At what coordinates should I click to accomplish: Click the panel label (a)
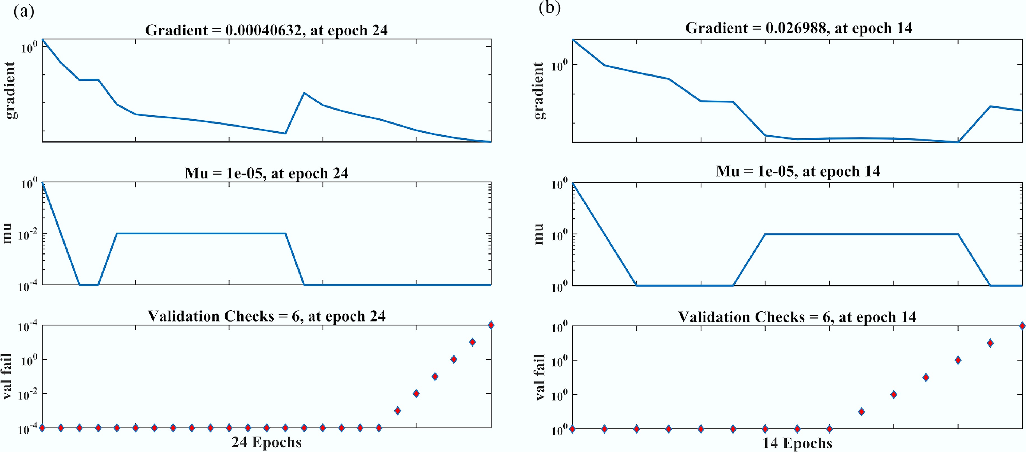[x=24, y=12]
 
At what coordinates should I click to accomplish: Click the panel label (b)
[x=550, y=8]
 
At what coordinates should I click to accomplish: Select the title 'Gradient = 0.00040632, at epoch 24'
[x=266, y=30]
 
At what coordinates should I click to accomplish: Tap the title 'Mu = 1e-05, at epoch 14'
[x=798, y=171]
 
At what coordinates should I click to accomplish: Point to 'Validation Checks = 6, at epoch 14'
[x=797, y=317]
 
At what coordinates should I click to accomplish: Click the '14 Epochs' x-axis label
[x=797, y=443]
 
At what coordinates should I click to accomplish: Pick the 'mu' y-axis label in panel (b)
[x=538, y=234]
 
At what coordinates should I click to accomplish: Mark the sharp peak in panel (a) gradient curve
[x=304, y=93]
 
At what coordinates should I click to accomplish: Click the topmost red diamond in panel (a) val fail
[x=491, y=325]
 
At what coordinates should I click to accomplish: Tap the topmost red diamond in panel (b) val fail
[x=1022, y=326]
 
